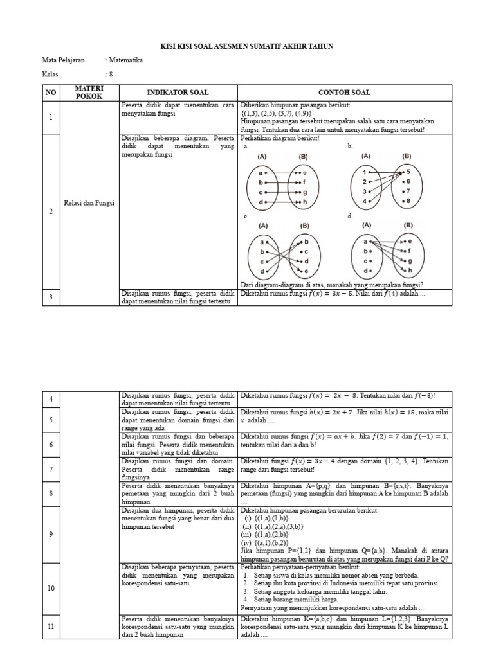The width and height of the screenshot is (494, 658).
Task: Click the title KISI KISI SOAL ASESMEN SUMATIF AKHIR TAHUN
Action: coord(246,47)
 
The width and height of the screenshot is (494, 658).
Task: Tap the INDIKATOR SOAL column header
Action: coord(178,93)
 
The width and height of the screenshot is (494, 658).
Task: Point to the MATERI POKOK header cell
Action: coord(89,92)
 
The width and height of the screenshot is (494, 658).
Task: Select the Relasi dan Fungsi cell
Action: coord(89,203)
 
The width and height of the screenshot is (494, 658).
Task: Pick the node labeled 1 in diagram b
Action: coord(365,172)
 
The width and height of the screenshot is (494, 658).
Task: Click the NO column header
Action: coord(51,93)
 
